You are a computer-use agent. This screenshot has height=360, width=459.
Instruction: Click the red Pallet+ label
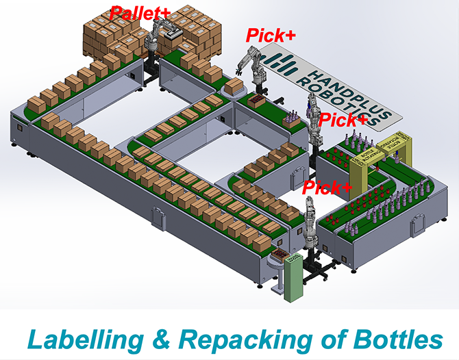pos(140,12)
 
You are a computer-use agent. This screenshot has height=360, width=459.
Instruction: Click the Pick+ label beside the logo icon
pos(271,35)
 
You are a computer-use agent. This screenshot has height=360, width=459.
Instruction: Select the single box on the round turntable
pos(235,86)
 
